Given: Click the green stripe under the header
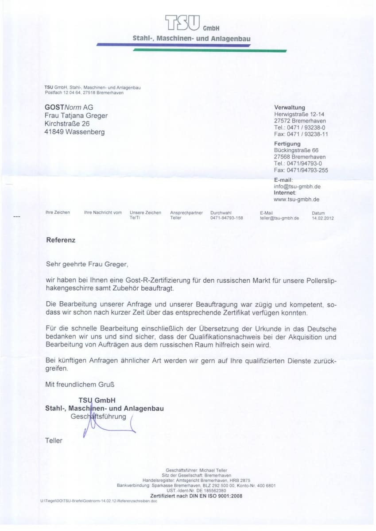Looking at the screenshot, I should (x=208, y=50).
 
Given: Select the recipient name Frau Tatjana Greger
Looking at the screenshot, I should (x=76, y=115).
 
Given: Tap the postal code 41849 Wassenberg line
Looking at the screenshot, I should (x=74, y=132).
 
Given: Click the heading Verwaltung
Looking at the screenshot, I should (x=290, y=108).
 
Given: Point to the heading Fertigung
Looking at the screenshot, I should (x=287, y=144).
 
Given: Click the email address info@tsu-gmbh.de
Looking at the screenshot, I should (x=297, y=186).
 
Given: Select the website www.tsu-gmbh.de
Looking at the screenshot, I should (x=296, y=199).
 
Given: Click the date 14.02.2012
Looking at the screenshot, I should (x=322, y=218).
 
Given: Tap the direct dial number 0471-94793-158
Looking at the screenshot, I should (x=226, y=218).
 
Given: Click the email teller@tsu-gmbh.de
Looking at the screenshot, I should (x=279, y=218).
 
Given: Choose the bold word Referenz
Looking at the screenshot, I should (x=61, y=240).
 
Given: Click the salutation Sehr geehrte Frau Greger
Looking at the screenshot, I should (x=87, y=264).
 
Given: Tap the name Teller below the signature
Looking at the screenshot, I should (x=54, y=440).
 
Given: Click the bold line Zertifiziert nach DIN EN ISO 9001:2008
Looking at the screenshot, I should (x=196, y=496).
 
